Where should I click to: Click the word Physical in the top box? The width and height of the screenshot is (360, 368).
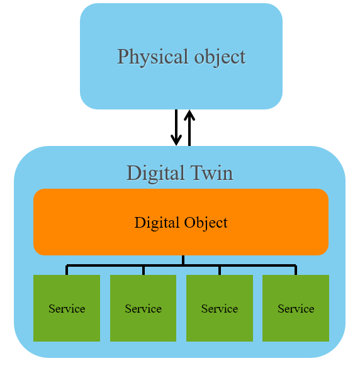pos(153,57)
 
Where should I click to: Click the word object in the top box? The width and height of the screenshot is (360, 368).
pos(220,57)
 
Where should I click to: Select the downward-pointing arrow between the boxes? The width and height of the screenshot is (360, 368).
pos(176,128)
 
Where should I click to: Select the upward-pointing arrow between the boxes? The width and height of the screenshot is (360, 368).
pos(189,128)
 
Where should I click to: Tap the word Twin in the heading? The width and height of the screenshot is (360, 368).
pos(211,173)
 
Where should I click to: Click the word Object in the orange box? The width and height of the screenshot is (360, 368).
pos(206,223)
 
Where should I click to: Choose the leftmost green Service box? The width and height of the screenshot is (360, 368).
pos(67,308)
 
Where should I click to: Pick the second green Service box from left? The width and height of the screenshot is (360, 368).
pos(143,308)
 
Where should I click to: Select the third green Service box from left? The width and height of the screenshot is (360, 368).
pos(220,308)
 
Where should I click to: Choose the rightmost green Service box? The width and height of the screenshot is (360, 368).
pos(296,308)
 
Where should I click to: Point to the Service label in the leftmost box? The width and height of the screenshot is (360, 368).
pos(67,309)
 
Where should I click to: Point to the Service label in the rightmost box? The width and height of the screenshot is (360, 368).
pos(296,309)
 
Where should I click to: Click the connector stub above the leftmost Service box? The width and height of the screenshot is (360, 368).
pos(67,270)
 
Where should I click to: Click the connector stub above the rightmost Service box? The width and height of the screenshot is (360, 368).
pos(296,270)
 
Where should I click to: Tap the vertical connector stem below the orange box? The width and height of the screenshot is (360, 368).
pos(183,260)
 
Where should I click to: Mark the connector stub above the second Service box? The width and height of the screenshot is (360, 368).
pos(143,270)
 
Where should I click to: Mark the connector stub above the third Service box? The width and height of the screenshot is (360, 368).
pos(220,270)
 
